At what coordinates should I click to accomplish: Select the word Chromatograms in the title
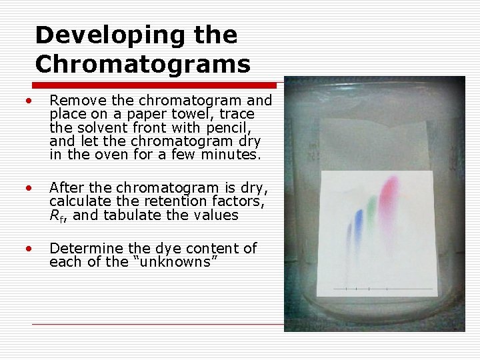[143, 65]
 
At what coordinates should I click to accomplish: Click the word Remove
[76, 101]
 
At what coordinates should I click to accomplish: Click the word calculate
[79, 202]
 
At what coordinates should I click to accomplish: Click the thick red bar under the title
[155, 85]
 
